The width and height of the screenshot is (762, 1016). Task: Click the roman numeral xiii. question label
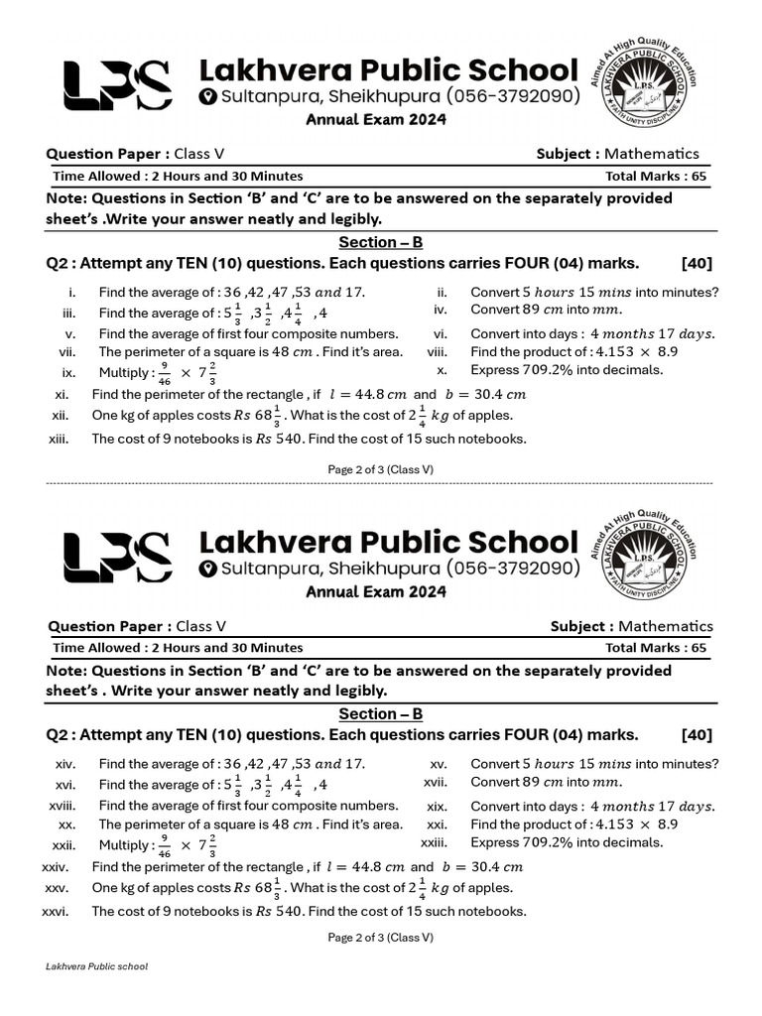[59, 439]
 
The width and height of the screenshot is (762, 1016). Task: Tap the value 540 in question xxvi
[288, 911]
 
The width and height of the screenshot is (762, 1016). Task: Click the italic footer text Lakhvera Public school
[97, 966]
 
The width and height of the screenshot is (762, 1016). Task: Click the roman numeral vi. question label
[442, 333]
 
